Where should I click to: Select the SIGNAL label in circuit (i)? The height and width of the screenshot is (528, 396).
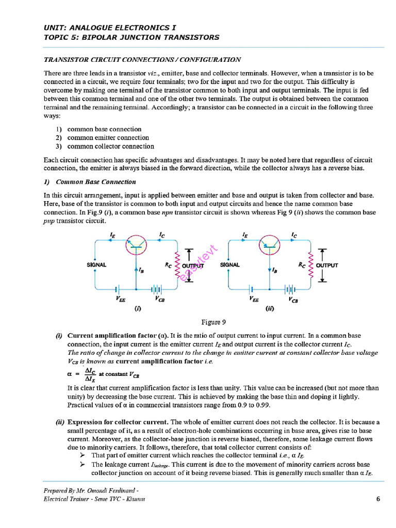(x=96, y=265)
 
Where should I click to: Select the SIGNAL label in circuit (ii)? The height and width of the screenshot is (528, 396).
(x=229, y=265)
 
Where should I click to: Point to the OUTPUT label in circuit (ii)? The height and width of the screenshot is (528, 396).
(x=327, y=265)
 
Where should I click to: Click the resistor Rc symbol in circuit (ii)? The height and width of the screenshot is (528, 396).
(x=310, y=265)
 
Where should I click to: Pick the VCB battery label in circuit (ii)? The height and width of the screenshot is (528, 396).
(x=292, y=299)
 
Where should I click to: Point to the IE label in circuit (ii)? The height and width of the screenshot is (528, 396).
(x=244, y=234)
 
